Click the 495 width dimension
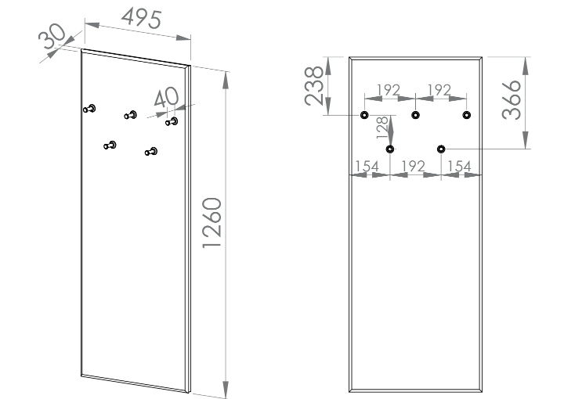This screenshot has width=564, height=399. click(141, 19)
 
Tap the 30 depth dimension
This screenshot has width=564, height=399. click(52, 35)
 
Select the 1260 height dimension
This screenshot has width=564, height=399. click(211, 223)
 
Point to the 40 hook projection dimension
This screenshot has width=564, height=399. click(166, 97)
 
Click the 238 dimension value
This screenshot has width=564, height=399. click(314, 85)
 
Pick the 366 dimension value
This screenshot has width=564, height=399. click(511, 99)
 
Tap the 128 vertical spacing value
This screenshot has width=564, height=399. click(382, 128)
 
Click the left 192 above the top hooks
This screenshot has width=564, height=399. click(388, 90)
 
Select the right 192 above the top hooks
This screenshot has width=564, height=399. click(439, 90)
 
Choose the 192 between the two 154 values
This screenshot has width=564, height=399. click(414, 167)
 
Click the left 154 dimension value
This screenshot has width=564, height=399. click(367, 167)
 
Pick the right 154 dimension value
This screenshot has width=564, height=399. click(459, 167)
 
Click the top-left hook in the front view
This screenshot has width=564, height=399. click(364, 115)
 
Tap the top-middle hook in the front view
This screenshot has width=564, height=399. click(415, 115)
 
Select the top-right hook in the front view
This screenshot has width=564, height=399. click(467, 115)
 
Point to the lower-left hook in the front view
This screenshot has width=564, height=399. click(390, 149)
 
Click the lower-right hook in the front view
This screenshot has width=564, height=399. click(441, 149)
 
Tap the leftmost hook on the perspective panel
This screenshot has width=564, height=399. click(89, 109)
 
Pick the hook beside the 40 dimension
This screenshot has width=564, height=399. click(172, 122)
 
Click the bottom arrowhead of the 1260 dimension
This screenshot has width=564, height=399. click(226, 389)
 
